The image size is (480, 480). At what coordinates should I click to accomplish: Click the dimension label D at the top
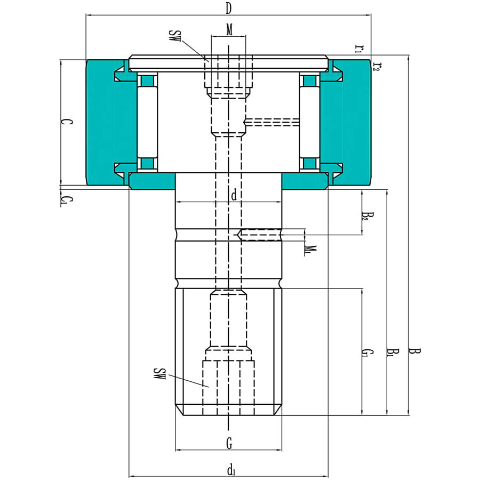pos(228,8)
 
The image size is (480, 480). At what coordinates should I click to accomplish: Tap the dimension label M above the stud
pos(229,30)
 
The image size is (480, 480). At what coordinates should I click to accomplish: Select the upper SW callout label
pos(174,37)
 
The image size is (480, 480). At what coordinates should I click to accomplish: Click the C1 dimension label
pos(65,201)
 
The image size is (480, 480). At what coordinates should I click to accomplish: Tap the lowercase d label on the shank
pos(233,195)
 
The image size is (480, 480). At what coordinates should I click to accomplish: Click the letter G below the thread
pos(229,442)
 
